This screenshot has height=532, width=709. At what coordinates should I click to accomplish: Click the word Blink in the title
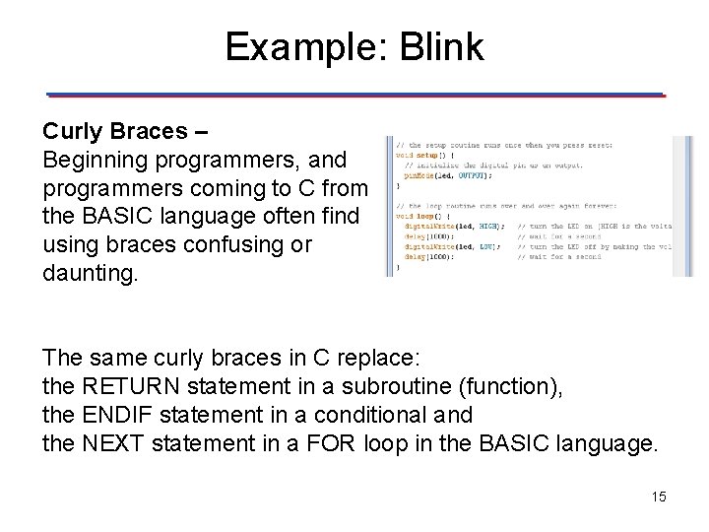pyautogui.click(x=442, y=47)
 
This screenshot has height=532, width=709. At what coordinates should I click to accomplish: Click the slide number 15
pyautogui.click(x=659, y=497)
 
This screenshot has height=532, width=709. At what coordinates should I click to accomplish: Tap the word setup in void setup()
pyautogui.click(x=426, y=156)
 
